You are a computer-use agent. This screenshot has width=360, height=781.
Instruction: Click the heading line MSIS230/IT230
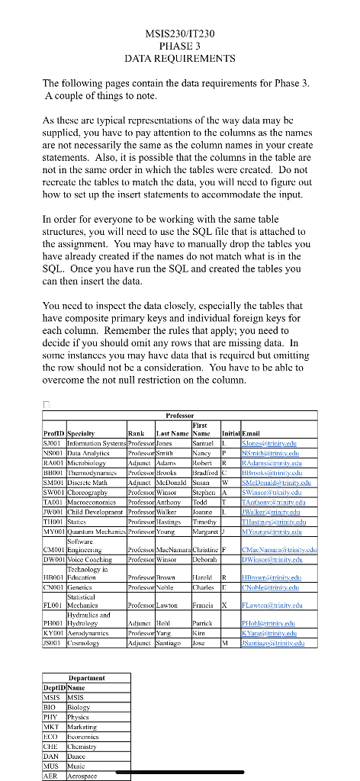pyautogui.click(x=180, y=33)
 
